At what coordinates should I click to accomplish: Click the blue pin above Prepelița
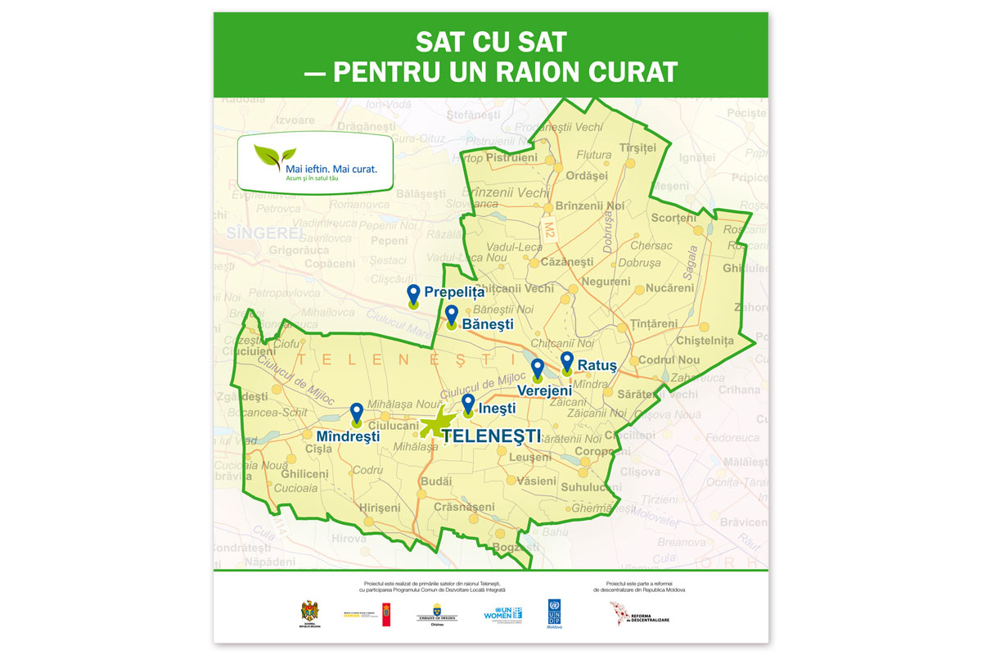point(414,294)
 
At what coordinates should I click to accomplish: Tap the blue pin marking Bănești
point(452,314)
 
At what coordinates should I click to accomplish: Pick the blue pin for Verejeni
point(538,368)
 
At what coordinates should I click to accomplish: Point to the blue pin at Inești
point(468,403)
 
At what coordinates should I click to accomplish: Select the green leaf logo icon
point(275,155)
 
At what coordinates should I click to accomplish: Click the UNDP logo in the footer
point(555,613)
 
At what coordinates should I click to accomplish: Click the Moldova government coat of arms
point(309,612)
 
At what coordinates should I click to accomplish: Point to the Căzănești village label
point(567,262)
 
